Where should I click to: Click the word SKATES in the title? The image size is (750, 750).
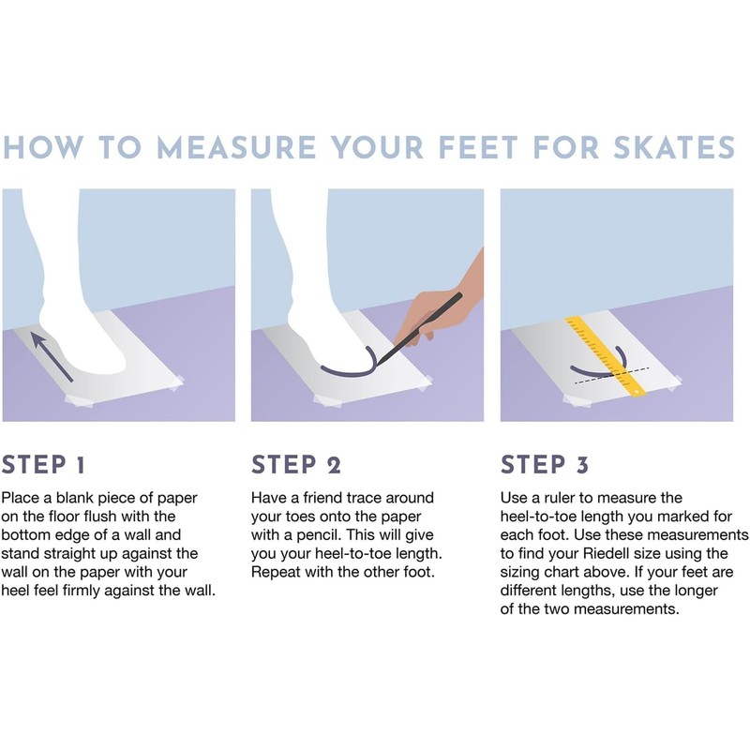(x=674, y=147)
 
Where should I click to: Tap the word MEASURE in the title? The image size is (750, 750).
(x=237, y=147)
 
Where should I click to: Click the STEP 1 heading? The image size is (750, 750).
(x=43, y=464)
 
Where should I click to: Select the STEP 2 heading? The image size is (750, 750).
(x=296, y=464)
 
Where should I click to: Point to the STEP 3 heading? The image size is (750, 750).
(x=545, y=464)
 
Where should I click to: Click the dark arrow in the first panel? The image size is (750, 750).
(x=52, y=357)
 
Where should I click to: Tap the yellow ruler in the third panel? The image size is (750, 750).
(x=606, y=356)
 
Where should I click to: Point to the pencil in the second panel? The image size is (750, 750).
(x=419, y=329)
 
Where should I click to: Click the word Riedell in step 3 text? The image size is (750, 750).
(x=605, y=553)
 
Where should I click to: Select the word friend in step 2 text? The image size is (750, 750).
(x=322, y=498)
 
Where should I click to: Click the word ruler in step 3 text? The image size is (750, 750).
(x=560, y=498)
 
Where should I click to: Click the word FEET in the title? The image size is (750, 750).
(x=478, y=147)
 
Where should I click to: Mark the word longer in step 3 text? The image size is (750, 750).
(x=696, y=591)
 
